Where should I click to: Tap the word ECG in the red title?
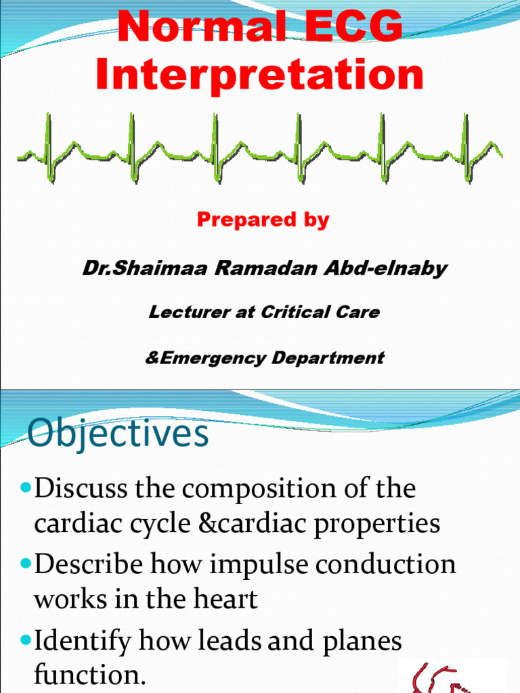pyautogui.click(x=346, y=28)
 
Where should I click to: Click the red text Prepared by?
pyautogui.click(x=263, y=220)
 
